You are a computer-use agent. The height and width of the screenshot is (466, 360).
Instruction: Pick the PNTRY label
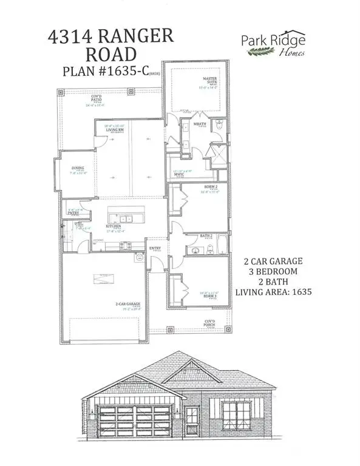click(73, 213)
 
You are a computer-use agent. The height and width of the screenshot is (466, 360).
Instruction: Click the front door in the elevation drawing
click(192, 419)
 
